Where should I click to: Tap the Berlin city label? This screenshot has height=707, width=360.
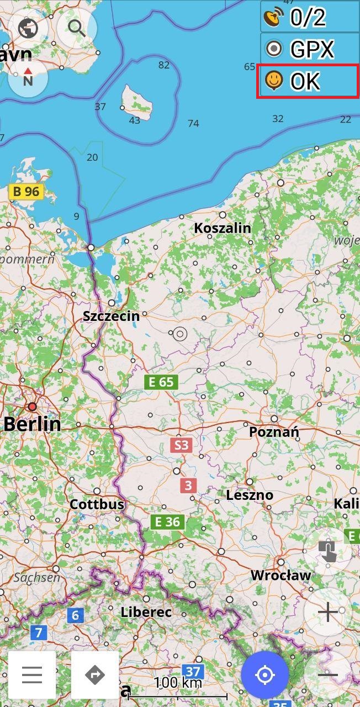point(32,424)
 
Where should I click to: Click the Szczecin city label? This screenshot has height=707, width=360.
point(110,316)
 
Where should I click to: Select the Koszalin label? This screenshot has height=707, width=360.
point(223,228)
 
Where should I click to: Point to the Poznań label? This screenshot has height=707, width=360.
point(274,431)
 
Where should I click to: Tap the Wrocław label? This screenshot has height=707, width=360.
point(280,575)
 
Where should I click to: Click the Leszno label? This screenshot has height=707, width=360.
point(250,495)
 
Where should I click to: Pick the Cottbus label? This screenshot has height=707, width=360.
point(97,504)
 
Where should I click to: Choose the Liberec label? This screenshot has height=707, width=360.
point(146,612)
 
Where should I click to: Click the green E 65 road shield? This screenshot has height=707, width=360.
point(161,382)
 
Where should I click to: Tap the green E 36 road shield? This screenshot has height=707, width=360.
point(168,521)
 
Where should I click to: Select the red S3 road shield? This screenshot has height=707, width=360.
point(181,445)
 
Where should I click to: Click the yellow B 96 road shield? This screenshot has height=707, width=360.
point(26,192)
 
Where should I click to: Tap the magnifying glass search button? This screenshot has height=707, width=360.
point(77,27)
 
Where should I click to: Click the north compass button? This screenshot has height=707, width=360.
point(28,77)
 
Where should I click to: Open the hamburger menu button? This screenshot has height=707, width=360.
point(32,675)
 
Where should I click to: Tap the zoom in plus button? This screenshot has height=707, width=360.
point(328,612)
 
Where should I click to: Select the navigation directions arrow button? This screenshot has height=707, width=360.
point(95,675)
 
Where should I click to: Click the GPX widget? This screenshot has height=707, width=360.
point(309,49)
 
